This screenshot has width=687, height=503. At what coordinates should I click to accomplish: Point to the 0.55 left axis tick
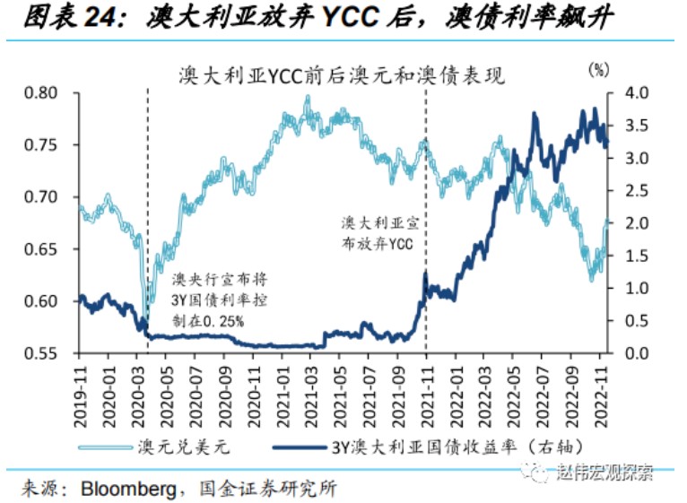(x=40, y=353)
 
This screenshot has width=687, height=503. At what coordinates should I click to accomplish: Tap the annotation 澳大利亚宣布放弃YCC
(x=378, y=232)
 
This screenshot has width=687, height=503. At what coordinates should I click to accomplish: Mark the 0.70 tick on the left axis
(x=40, y=197)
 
